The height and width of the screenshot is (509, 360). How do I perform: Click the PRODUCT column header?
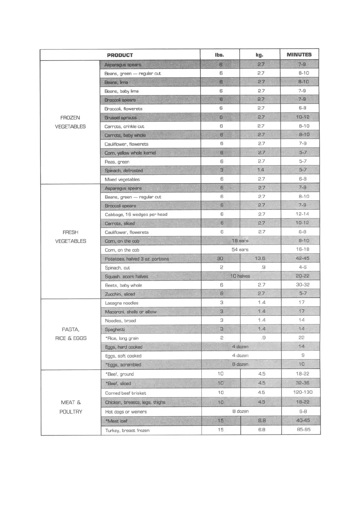(x=120, y=55)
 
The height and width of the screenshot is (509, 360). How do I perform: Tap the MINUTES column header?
(x=299, y=55)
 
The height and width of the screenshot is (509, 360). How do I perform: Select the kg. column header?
(x=259, y=55)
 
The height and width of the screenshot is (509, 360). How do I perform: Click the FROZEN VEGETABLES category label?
(x=70, y=122)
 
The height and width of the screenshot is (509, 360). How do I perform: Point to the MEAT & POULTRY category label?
(x=71, y=407)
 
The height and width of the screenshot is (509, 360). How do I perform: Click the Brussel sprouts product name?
(x=120, y=118)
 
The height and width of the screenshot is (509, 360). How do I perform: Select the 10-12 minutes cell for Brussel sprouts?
(x=303, y=117)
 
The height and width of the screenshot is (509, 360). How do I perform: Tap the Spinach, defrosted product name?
(x=123, y=170)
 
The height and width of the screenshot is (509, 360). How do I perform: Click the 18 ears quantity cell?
(x=240, y=241)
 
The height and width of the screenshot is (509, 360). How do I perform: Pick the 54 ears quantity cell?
(x=240, y=250)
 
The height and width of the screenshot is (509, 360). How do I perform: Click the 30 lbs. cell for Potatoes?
(x=220, y=258)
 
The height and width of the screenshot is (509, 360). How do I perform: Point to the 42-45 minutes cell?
(x=303, y=258)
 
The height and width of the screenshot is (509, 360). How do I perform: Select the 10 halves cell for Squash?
(x=240, y=276)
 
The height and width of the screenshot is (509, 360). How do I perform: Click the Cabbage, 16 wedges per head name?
(x=136, y=214)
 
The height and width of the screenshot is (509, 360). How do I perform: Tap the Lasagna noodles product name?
(x=122, y=303)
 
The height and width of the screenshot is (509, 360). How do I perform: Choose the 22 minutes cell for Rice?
(x=301, y=338)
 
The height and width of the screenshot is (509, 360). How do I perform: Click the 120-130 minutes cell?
(x=302, y=392)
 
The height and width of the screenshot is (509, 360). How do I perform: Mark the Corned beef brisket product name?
(x=126, y=393)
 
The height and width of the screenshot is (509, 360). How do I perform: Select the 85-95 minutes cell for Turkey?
(x=303, y=430)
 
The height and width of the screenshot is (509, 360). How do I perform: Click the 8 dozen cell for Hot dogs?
(x=240, y=411)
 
